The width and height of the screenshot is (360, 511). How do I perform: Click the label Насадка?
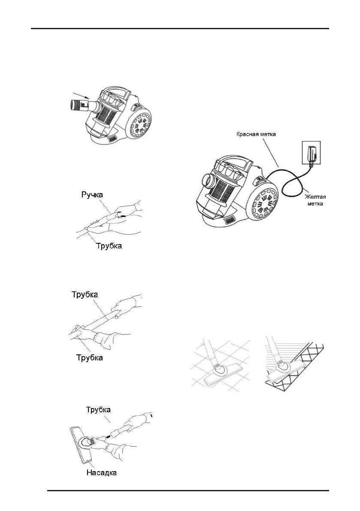(100, 473)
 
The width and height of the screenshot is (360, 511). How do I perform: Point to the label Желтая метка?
(314, 201)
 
